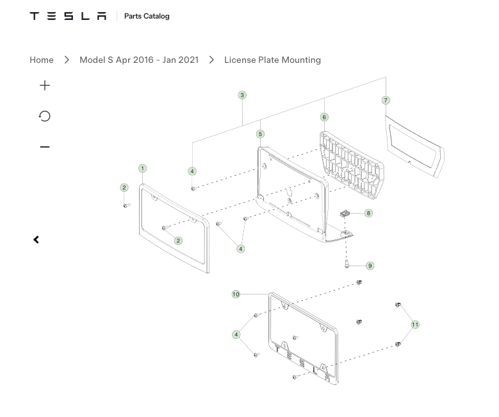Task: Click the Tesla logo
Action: [68, 16]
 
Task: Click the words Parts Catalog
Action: [147, 16]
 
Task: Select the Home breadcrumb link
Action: [42, 60]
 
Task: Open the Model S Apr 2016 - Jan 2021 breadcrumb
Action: [139, 60]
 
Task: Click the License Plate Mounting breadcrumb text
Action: [272, 60]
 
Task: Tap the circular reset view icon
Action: [45, 116]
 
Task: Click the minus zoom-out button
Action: [45, 147]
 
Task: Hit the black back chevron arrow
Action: [37, 240]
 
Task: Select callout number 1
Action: [143, 168]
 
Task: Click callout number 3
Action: [242, 95]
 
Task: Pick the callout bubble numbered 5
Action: [260, 134]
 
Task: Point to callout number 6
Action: [324, 117]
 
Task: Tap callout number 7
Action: [386, 101]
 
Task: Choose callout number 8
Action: [368, 213]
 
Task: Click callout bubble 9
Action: [370, 266]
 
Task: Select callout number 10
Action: [236, 294]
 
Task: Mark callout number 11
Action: [415, 325]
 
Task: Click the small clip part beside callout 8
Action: [345, 214]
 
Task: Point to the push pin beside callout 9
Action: [347, 264]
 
